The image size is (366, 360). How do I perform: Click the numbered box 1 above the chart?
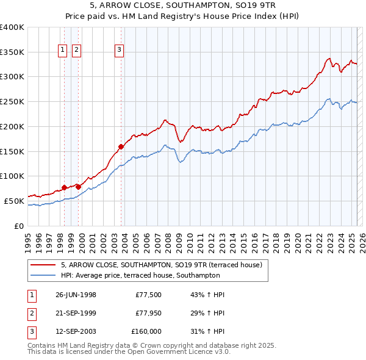(x=63, y=50)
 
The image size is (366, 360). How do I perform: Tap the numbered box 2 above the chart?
(x=77, y=50)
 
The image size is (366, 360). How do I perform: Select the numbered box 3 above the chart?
(x=120, y=50)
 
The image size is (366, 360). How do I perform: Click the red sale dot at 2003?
(x=121, y=146)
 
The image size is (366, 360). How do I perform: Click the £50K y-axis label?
(x=14, y=201)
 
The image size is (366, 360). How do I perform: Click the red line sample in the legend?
(x=43, y=265)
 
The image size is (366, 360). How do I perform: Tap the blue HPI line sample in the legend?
(x=43, y=275)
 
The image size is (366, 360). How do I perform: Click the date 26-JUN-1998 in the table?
(x=76, y=295)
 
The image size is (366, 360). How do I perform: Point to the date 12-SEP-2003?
(x=76, y=331)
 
